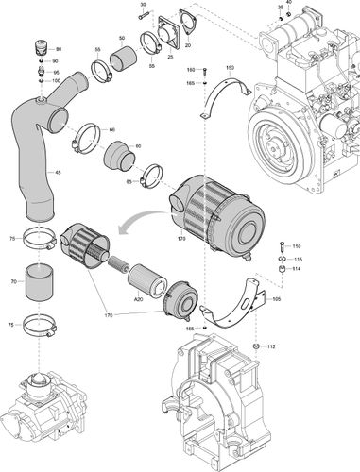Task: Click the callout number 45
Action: pos(60,173)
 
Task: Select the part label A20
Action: pos(139,298)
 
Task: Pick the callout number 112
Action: pos(272,346)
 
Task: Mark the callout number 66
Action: pos(112,128)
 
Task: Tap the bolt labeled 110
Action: pos(281,247)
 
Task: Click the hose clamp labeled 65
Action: pos(150,177)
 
